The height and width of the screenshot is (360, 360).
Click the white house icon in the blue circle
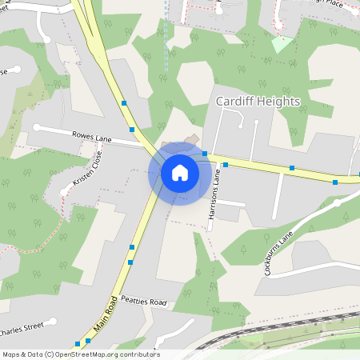[180, 172]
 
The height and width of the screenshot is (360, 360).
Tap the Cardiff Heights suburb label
[258, 102]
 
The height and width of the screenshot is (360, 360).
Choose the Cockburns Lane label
[279, 251]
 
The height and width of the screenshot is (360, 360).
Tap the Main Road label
[106, 312]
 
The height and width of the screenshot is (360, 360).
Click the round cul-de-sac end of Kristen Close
[64, 190]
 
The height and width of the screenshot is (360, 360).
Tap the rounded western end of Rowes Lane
[37, 127]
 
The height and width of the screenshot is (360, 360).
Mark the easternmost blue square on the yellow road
[335, 182]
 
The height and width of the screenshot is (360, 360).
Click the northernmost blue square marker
[124, 102]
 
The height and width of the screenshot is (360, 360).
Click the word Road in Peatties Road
[157, 302]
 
